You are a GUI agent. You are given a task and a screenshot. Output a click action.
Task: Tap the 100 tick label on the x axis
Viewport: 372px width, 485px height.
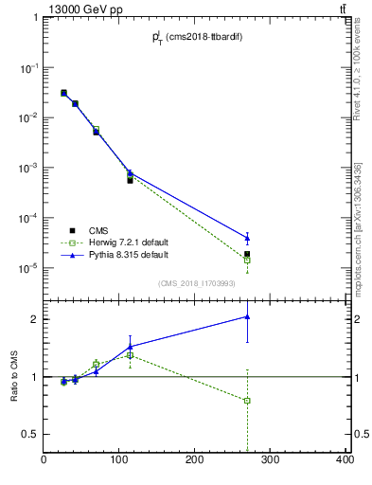(x=119, y=460)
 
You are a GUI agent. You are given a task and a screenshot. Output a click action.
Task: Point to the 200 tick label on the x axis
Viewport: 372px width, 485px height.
(x=194, y=460)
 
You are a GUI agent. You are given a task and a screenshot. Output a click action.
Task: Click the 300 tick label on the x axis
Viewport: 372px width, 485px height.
(x=270, y=460)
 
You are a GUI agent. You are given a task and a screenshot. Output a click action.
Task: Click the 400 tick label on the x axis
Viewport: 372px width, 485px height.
(x=345, y=460)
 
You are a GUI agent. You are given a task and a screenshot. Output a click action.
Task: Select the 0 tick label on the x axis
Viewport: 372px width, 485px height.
(x=44, y=460)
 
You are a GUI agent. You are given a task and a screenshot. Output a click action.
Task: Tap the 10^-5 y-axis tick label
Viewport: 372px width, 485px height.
(x=27, y=268)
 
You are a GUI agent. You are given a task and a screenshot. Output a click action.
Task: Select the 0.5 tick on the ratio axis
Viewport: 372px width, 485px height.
(x=30, y=434)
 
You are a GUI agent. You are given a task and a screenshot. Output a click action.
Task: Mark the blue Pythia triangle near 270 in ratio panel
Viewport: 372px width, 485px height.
(x=247, y=317)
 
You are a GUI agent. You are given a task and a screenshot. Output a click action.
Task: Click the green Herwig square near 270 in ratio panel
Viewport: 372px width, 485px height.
(x=247, y=401)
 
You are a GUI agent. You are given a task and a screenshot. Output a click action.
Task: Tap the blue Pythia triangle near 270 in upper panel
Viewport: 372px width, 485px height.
(x=247, y=238)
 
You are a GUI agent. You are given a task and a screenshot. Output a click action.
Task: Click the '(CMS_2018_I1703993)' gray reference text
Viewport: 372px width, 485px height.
(x=195, y=282)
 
